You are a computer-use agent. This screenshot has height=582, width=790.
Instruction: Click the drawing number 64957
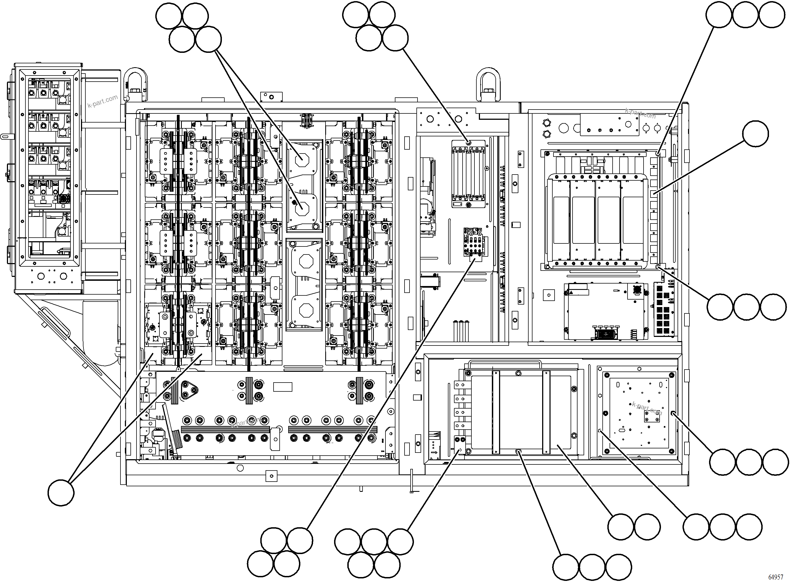pyautogui.click(x=776, y=577)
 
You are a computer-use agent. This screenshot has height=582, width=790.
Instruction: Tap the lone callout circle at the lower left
pyautogui.click(x=61, y=493)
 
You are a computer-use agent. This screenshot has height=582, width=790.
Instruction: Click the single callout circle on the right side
pyautogui.click(x=755, y=134)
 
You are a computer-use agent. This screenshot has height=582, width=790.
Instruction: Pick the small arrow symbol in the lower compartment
pyautogui.click(x=434, y=452)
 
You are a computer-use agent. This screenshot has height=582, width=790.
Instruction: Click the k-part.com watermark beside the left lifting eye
pyautogui.click(x=103, y=101)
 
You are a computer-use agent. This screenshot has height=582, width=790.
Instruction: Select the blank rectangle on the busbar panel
pyautogui.click(x=283, y=387)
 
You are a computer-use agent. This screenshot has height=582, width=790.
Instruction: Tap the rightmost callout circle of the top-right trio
pyautogui.click(x=772, y=15)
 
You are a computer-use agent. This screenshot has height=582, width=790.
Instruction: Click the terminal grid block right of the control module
pyautogui.click(x=663, y=309)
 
